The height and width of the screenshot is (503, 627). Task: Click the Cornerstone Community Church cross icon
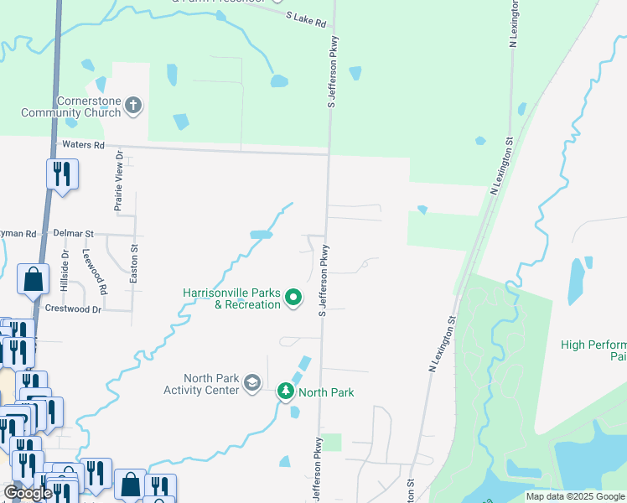(133, 106)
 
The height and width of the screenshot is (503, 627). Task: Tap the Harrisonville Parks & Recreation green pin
(293, 298)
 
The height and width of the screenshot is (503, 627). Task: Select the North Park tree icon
(286, 392)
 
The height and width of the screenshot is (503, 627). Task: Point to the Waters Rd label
(84, 145)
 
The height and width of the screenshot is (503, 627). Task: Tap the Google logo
(28, 493)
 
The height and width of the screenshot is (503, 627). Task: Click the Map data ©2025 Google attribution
(575, 496)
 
